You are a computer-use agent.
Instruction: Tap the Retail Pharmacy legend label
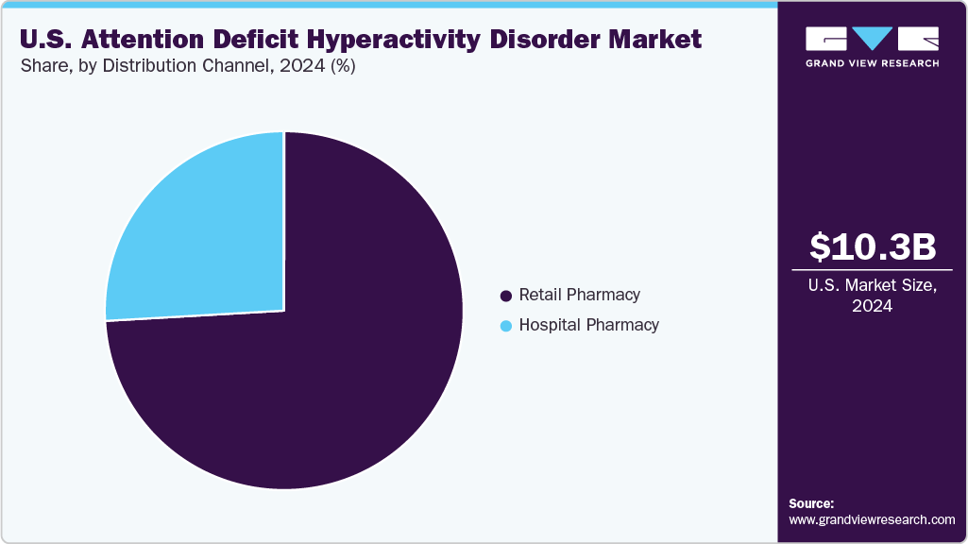579,295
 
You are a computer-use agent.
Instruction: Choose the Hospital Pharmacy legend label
588,325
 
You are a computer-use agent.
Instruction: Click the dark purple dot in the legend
506,296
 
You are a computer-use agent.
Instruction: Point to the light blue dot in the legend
506,326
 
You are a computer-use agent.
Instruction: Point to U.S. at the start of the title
42,40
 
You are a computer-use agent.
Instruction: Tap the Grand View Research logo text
872,63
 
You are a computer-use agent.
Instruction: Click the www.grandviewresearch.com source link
872,519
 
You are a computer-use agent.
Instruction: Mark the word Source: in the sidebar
811,503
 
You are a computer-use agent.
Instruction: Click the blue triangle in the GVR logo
873,38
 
